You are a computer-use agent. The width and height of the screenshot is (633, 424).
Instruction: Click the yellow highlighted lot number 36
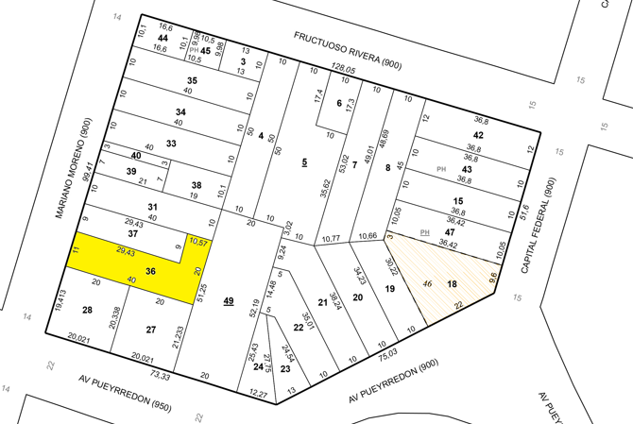pyautogui.click(x=150, y=271)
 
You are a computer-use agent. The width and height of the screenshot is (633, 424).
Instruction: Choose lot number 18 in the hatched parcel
pyautogui.click(x=452, y=284)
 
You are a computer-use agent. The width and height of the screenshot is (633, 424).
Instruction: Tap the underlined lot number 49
pyautogui.click(x=228, y=300)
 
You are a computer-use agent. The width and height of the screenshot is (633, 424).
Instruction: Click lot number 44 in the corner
pyautogui.click(x=163, y=38)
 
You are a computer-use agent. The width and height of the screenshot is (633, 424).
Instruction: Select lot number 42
pyautogui.click(x=478, y=135)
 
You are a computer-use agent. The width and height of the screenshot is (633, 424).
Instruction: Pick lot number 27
pyautogui.click(x=150, y=329)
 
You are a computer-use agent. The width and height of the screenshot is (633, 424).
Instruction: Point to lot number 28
pyautogui.click(x=87, y=310)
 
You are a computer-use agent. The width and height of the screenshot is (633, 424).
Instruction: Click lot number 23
pyautogui.click(x=284, y=369)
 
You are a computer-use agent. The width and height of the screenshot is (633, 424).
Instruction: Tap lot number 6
pyautogui.click(x=338, y=103)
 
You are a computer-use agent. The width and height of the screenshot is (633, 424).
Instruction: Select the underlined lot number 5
pyautogui.click(x=304, y=162)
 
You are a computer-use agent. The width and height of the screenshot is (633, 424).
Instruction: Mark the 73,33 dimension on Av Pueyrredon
pyautogui.click(x=161, y=375)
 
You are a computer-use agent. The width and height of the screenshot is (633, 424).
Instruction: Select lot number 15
pyautogui.click(x=458, y=201)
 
